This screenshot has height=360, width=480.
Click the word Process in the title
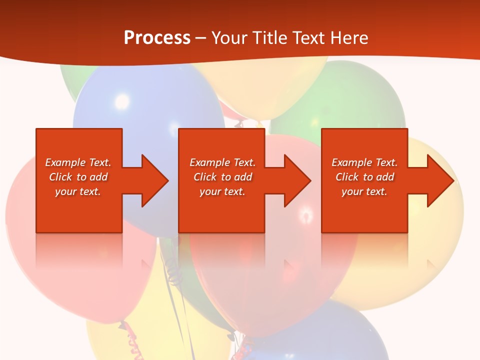157,38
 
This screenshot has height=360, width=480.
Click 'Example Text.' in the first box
78,162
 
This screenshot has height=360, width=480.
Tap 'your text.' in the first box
78,191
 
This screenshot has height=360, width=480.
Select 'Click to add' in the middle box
222,177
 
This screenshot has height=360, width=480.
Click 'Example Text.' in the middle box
222,162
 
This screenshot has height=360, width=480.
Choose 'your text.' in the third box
364,191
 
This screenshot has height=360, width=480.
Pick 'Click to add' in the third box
364,177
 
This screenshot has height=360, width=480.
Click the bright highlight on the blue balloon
121,101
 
